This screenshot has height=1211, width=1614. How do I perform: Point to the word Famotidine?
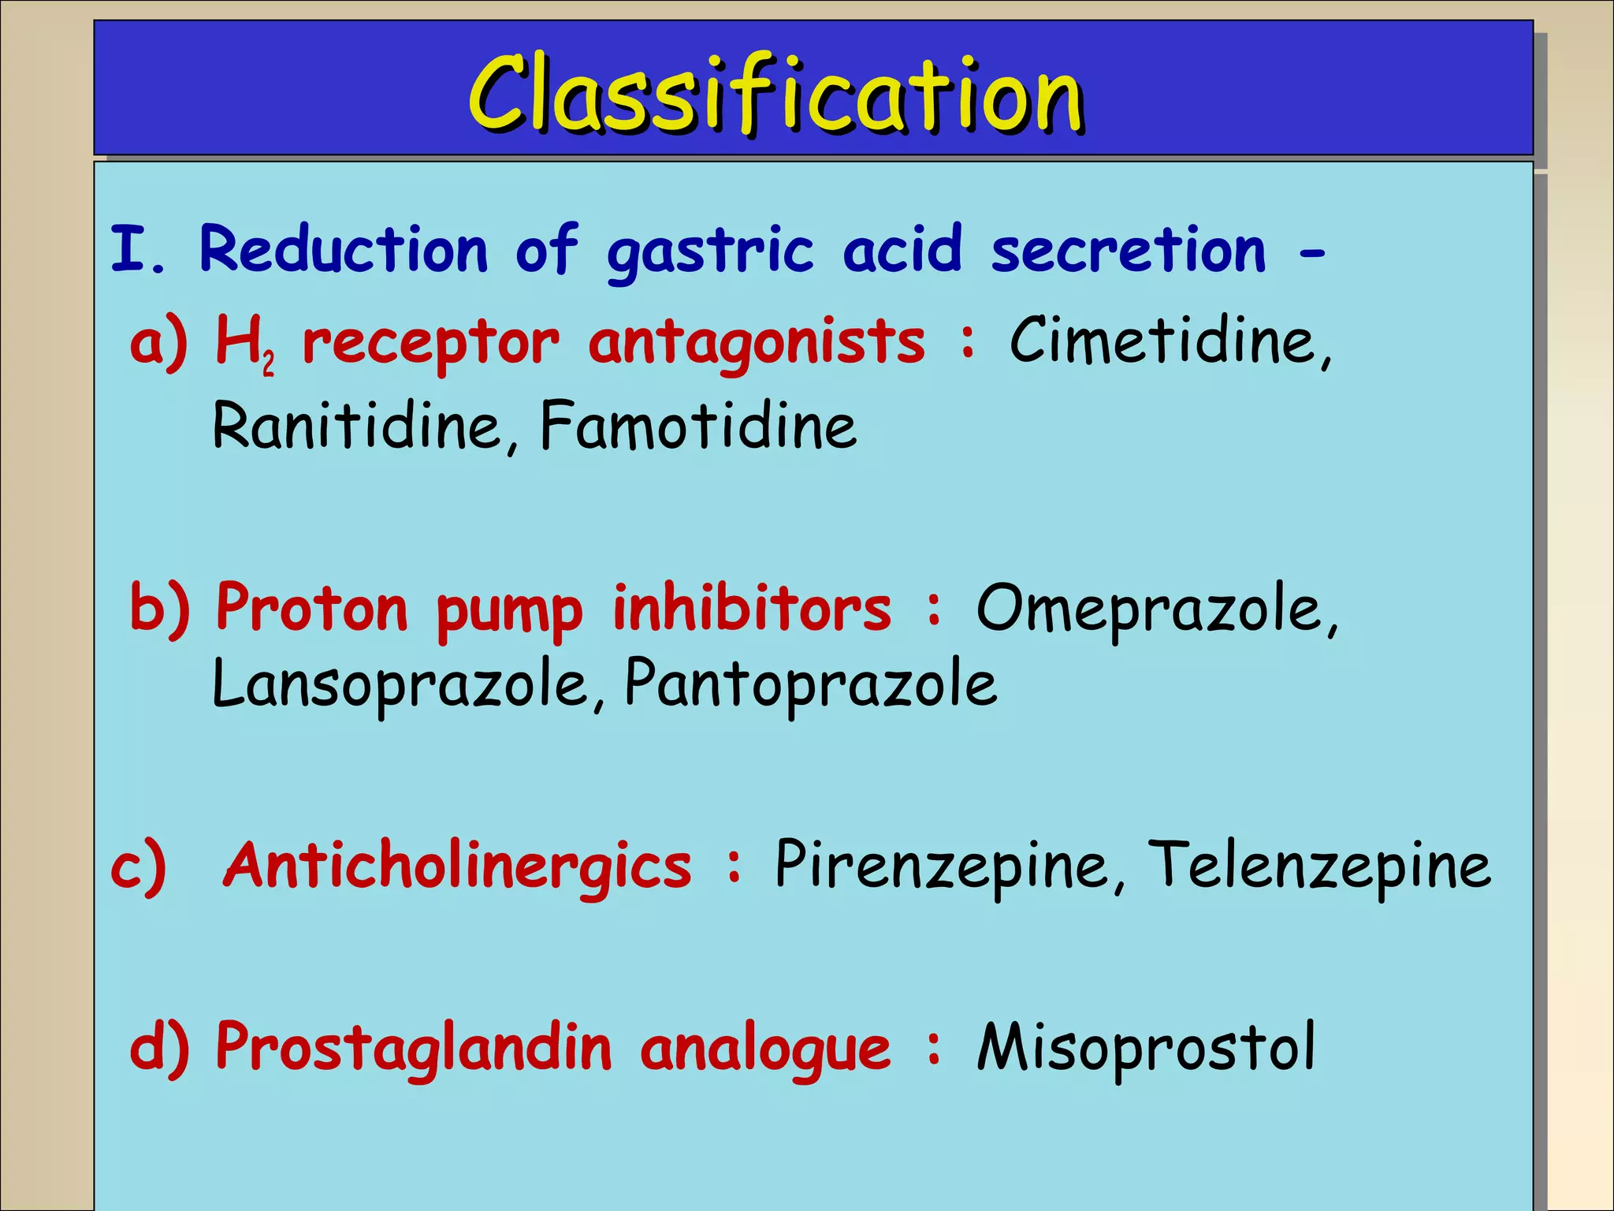[698, 426]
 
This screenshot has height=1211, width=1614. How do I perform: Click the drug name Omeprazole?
[1155, 609]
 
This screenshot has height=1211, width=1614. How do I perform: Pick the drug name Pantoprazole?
[810, 683]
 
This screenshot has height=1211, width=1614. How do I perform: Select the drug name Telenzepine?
[1318, 866]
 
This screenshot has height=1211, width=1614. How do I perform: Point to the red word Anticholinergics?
[457, 866]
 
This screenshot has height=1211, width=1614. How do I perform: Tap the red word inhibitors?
[752, 609]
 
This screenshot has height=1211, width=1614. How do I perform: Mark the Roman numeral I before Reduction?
[126, 249]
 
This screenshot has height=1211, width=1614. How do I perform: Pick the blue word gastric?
[709, 251]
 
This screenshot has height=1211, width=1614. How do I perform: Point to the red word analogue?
[764, 1049]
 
